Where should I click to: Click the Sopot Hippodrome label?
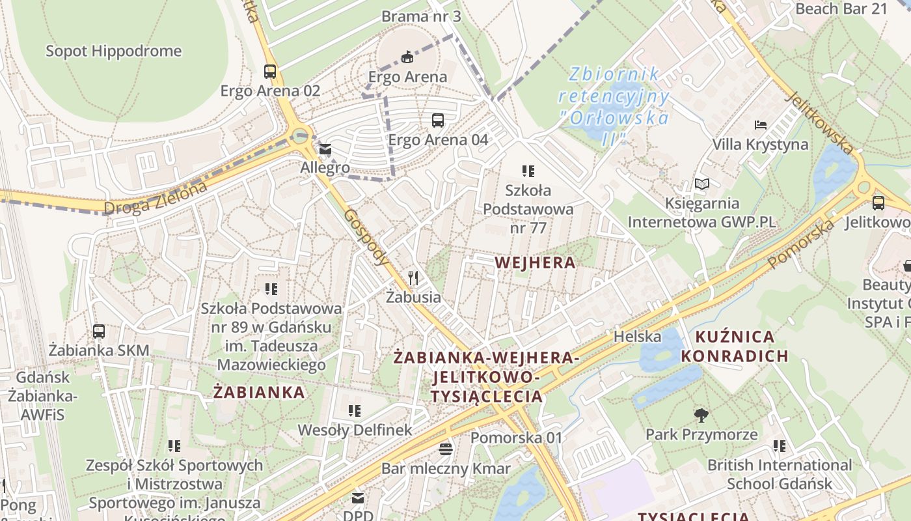(113, 51)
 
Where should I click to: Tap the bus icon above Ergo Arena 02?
(270, 72)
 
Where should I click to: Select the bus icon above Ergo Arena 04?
(438, 120)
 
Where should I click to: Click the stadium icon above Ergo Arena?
(407, 57)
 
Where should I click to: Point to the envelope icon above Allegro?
(325, 150)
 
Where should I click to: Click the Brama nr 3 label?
(421, 16)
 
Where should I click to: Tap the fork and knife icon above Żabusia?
(413, 279)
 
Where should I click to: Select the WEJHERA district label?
(535, 262)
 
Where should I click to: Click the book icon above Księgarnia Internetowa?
(701, 184)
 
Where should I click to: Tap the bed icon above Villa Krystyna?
(760, 125)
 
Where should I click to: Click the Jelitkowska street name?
(819, 122)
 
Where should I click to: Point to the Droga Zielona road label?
(156, 197)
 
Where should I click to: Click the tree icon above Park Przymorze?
(701, 415)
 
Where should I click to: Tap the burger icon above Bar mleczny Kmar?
(446, 449)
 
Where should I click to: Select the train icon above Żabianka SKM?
(99, 331)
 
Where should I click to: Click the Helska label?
(637, 337)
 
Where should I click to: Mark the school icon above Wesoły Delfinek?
(355, 411)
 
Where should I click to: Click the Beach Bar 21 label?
(841, 8)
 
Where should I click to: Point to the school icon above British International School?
(779, 446)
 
